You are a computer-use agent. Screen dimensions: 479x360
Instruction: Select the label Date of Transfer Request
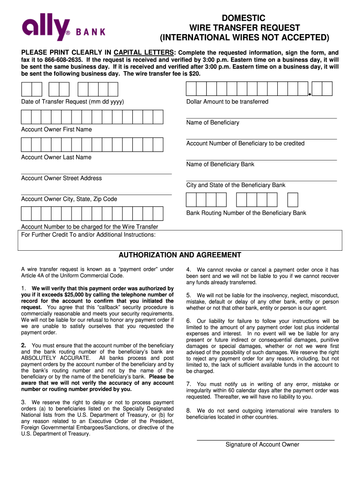tap(72, 102)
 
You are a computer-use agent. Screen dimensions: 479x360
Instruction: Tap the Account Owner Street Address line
tap(96, 173)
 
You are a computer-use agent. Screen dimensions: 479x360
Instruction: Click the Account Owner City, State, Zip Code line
tap(96, 194)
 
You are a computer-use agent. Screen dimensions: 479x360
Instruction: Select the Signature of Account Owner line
tap(265, 439)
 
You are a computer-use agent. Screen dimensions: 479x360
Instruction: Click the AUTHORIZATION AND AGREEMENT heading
tap(180, 255)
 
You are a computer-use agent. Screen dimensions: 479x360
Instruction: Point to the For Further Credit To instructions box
tap(180, 241)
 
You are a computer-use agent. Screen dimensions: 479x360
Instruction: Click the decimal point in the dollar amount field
tap(310, 95)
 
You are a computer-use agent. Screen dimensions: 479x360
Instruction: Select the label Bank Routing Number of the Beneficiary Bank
tap(246, 213)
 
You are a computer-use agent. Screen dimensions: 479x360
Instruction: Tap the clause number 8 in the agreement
tap(188, 411)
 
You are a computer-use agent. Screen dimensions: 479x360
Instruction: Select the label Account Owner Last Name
tap(56, 157)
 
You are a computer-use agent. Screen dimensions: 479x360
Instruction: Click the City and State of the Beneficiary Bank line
tap(261, 180)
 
